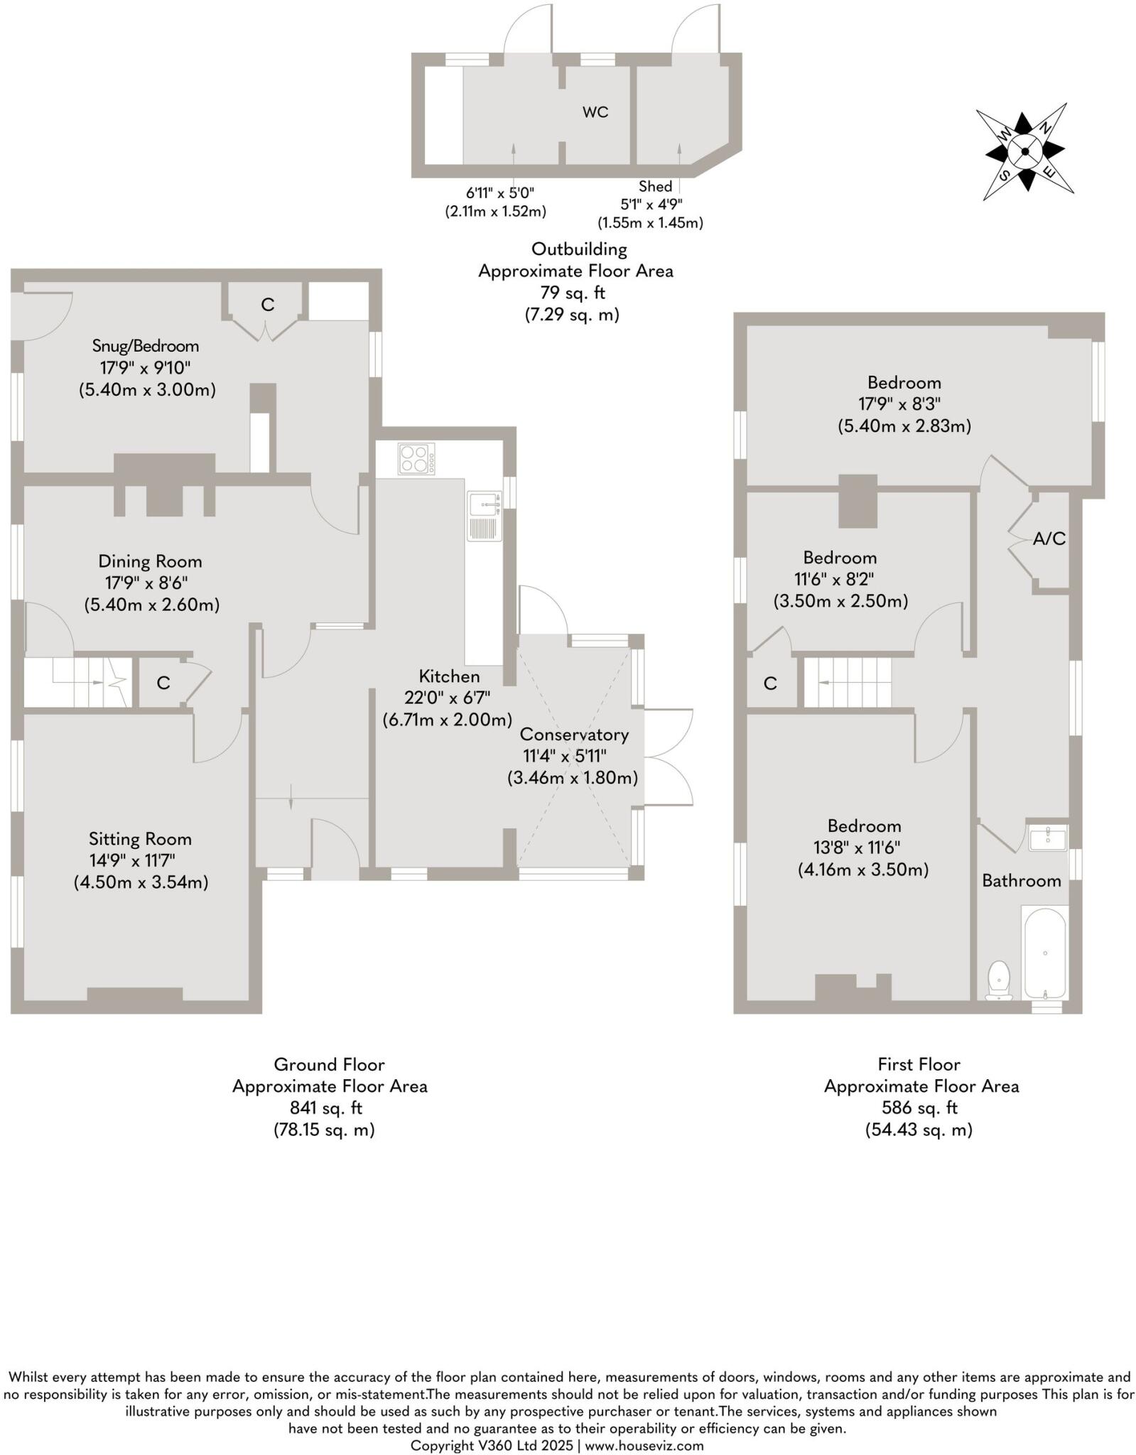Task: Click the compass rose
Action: click(1025, 151)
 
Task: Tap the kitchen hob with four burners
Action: click(417, 458)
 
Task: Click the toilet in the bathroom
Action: click(999, 981)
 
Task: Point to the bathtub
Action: click(1044, 953)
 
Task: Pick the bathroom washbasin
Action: click(1048, 838)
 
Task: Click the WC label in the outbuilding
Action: click(595, 112)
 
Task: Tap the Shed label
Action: click(655, 186)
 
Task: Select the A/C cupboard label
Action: click(1049, 539)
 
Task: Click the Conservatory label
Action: click(574, 734)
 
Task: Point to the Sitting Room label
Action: click(140, 838)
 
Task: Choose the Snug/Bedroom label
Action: click(146, 346)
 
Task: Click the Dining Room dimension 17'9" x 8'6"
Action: click(146, 583)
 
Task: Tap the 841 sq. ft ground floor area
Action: click(326, 1107)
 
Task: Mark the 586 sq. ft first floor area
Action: click(919, 1107)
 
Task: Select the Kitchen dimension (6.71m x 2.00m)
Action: click(448, 719)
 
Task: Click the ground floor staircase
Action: click(77, 682)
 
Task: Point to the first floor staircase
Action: click(848, 682)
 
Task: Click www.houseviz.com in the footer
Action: click(644, 1445)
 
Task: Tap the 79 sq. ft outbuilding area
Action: click(573, 292)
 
